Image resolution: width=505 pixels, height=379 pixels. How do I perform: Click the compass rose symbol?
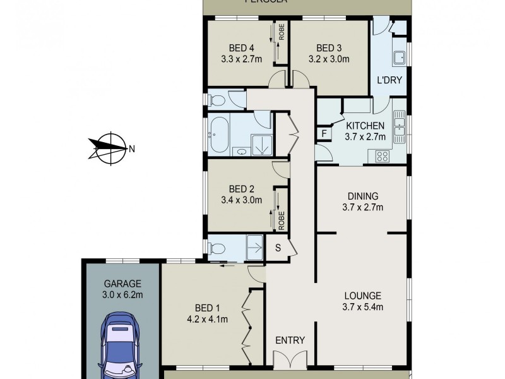point(109,148)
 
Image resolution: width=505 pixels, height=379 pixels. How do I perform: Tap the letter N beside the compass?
point(132,149)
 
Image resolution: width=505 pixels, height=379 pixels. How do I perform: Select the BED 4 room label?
point(242,48)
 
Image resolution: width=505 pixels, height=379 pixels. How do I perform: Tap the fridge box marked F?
point(324,133)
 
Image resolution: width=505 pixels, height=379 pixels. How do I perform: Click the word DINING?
point(363,195)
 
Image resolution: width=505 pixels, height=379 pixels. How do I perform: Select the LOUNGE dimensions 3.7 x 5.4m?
point(362,308)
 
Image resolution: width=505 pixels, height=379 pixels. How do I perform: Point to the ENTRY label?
point(290,340)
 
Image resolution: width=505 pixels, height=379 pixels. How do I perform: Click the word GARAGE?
point(122,284)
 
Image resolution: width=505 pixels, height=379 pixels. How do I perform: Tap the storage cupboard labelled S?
point(278,247)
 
